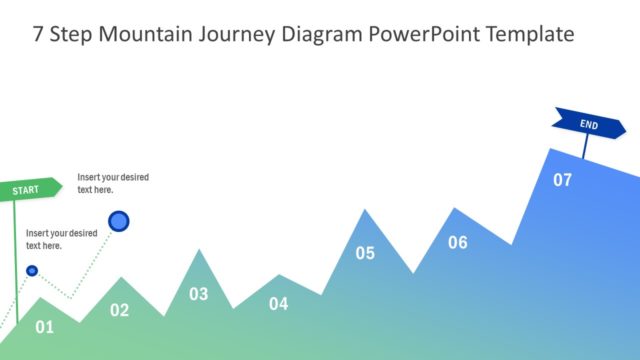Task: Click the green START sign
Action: click(x=29, y=188)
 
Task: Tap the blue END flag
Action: click(x=589, y=124)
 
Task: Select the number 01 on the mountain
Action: click(x=44, y=326)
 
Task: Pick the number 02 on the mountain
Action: click(x=119, y=310)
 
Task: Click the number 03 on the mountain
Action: click(x=199, y=294)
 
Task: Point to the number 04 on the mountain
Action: click(x=278, y=304)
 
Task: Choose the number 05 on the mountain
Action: click(x=365, y=253)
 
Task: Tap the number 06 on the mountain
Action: click(x=457, y=242)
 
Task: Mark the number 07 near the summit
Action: click(x=563, y=180)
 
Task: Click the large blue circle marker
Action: click(x=119, y=221)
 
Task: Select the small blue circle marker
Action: click(x=32, y=270)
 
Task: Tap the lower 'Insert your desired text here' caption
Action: click(x=61, y=239)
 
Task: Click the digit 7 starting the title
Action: click(x=38, y=34)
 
